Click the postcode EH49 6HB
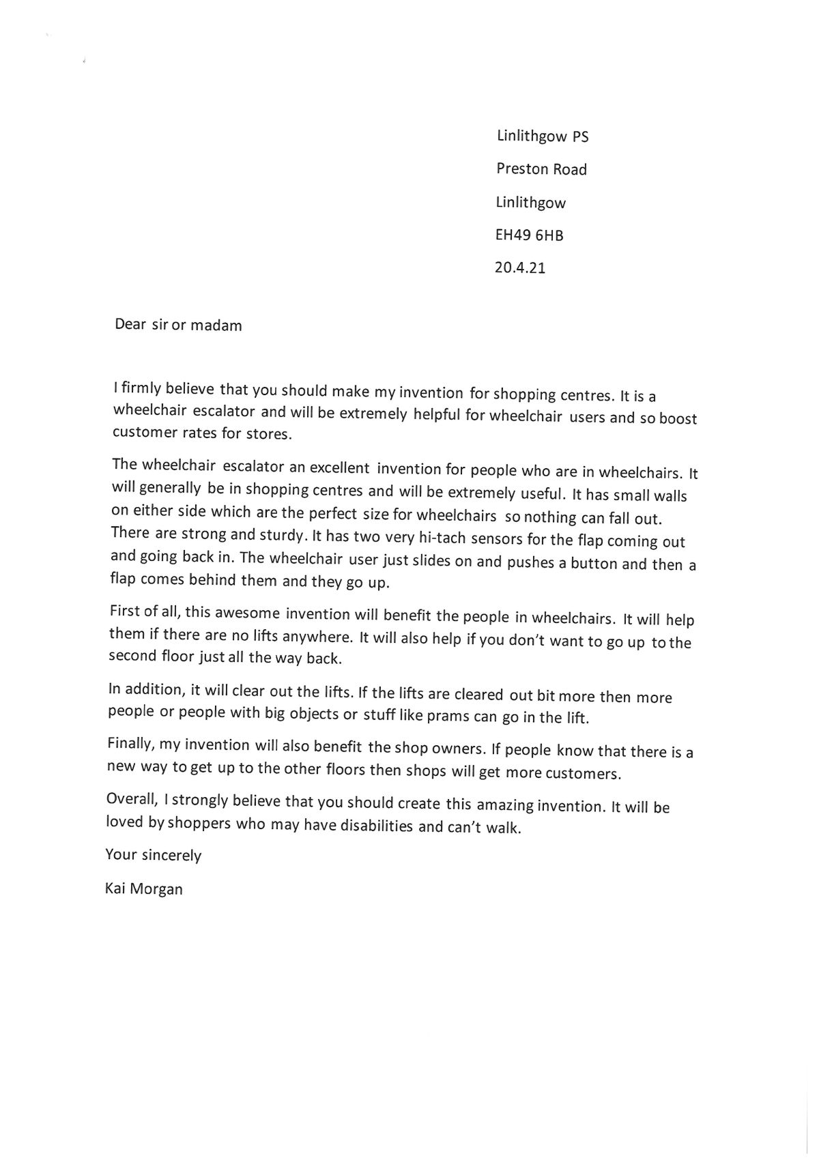[x=529, y=235]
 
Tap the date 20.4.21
[x=519, y=267]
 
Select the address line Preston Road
[x=541, y=169]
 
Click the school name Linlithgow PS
[x=543, y=136]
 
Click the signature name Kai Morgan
[x=144, y=888]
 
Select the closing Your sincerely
[x=154, y=855]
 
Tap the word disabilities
[x=377, y=826]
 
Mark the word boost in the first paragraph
[x=678, y=418]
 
